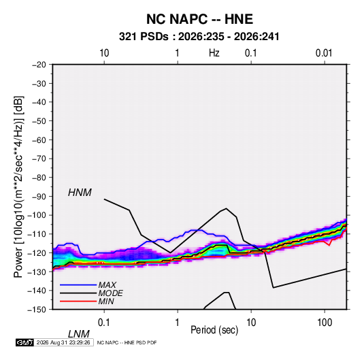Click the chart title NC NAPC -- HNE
tap(199, 19)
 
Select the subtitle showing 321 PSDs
tap(199, 37)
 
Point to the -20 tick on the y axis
tap(39, 65)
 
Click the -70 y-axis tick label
tap(39, 159)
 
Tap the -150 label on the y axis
tap(37, 310)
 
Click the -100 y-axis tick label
tap(37, 215)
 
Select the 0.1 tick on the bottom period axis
tap(103, 323)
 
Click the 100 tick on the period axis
tap(325, 323)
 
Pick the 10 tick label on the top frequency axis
tap(104, 53)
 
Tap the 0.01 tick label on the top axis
tap(324, 53)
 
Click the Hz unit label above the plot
tap(214, 53)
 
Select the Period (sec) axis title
tap(214, 330)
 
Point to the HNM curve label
tap(80, 193)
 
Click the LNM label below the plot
tap(79, 334)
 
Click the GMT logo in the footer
tap(25, 342)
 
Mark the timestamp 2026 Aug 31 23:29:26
tap(63, 342)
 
